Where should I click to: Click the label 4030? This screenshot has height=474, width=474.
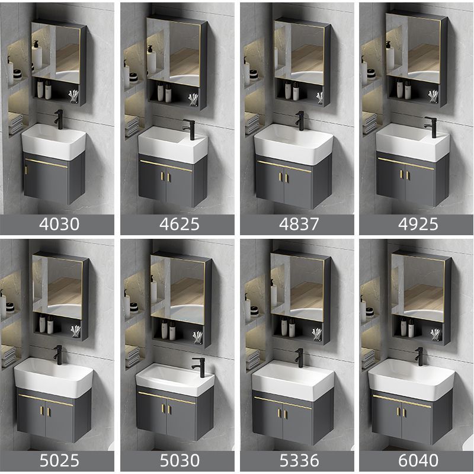(x=57, y=224)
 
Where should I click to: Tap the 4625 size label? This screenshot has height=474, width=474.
(x=178, y=224)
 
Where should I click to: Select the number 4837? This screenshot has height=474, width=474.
(x=297, y=224)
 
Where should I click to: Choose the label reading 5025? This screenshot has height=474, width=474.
(x=57, y=460)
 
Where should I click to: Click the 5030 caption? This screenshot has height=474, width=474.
(x=178, y=460)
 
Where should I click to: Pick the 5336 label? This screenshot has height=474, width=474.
(x=297, y=460)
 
